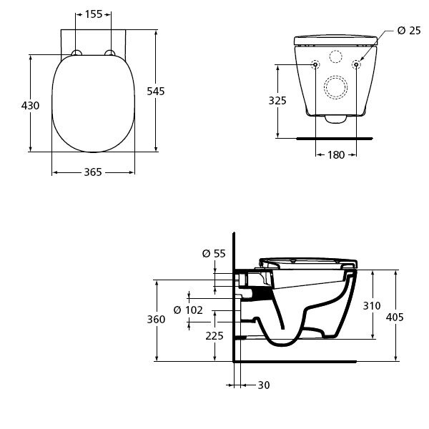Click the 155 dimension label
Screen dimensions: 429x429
94,14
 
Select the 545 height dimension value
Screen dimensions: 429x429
156,91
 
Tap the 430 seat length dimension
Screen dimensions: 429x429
30,105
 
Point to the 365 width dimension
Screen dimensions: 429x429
93,172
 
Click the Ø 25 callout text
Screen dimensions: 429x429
409,30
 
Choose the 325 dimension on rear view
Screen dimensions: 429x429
277,101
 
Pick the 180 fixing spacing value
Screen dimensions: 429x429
336,155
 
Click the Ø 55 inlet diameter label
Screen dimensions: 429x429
214,254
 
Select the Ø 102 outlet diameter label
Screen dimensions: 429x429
188,310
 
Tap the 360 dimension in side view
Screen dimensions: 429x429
156,320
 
